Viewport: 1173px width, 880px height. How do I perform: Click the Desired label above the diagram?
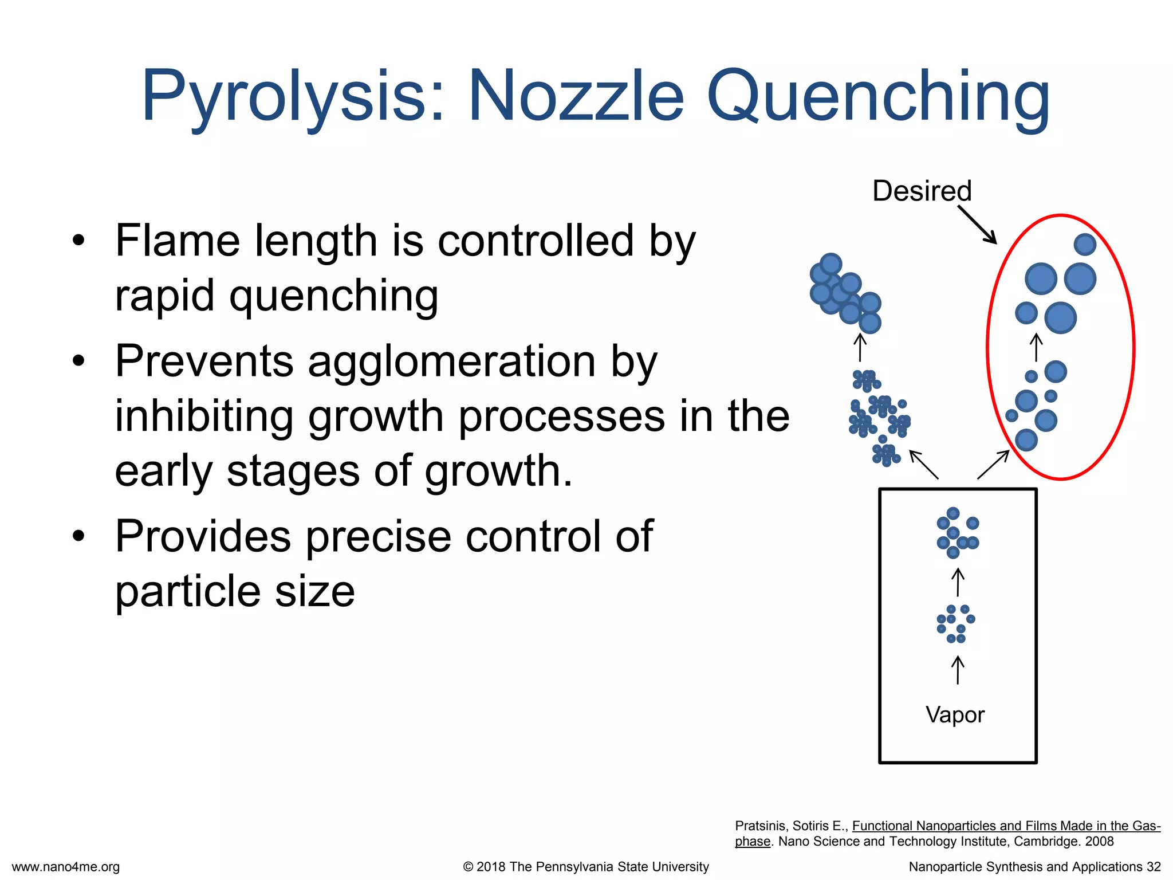pyautogui.click(x=922, y=191)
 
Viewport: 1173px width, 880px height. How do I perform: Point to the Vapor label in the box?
pyautogui.click(x=955, y=714)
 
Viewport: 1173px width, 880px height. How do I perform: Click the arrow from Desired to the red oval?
pyautogui.click(x=977, y=225)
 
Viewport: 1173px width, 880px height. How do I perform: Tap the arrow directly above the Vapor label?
pyautogui.click(x=958, y=670)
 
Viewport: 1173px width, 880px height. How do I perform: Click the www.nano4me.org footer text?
pyautogui.click(x=66, y=867)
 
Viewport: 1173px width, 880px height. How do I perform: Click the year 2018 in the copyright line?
pyautogui.click(x=491, y=867)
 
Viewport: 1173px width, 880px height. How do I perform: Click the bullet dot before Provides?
pyautogui.click(x=78, y=536)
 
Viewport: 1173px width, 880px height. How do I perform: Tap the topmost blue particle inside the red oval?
pyautogui.click(x=1085, y=245)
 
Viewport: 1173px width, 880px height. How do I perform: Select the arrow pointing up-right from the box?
pyautogui.click(x=993, y=464)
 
